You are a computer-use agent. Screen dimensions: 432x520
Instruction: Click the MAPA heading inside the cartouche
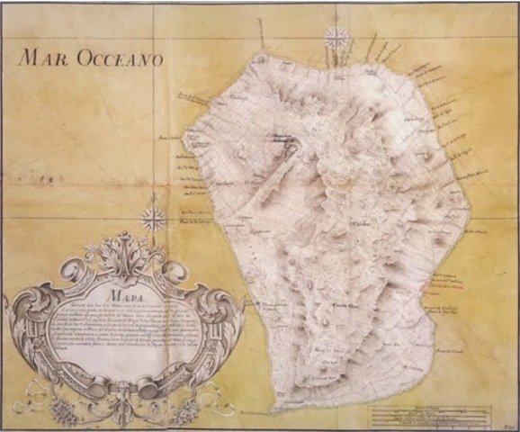tap(121, 292)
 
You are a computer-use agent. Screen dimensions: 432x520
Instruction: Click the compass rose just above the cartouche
tap(154, 218)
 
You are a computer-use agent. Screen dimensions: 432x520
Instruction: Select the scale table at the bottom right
tap(430, 417)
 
